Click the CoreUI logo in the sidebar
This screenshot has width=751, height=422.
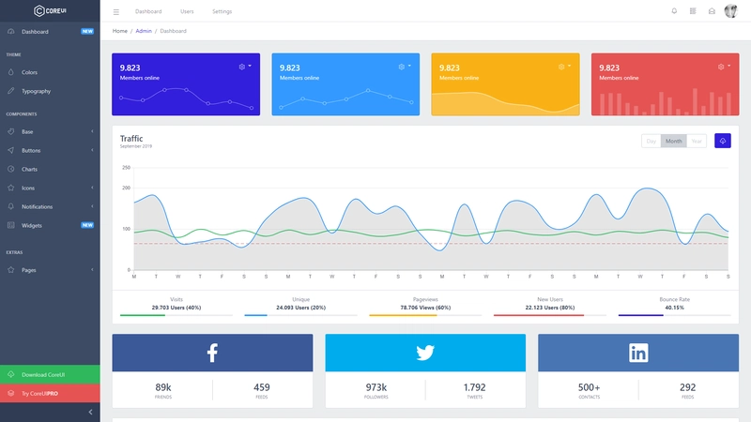coord(51,11)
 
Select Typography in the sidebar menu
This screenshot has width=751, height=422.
coord(36,91)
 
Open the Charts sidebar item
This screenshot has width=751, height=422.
coord(29,169)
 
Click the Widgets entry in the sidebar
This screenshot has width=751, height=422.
coord(32,225)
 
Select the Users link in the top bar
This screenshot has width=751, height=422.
coord(187,11)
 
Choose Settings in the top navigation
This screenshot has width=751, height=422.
coord(222,11)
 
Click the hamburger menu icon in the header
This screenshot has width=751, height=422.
coord(116,11)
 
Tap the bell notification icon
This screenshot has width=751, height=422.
coord(674,11)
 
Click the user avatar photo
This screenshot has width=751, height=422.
coord(730,11)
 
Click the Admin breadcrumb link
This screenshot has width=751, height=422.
coord(144,31)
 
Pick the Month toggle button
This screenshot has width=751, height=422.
coord(672,141)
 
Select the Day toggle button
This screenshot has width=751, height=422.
coord(651,141)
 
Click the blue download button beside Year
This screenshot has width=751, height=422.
coord(722,141)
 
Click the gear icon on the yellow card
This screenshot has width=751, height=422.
coord(560,67)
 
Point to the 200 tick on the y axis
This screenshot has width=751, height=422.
coord(126,188)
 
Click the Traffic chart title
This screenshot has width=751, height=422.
coord(131,139)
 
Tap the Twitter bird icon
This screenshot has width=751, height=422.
coord(425,353)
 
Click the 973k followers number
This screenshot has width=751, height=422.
coord(376,386)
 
